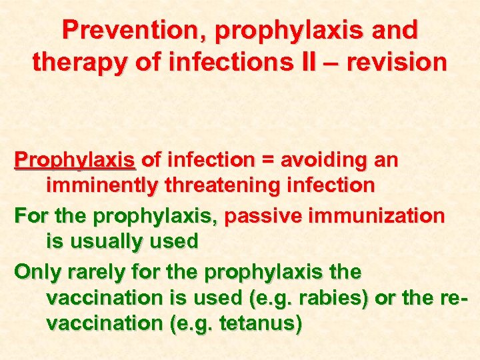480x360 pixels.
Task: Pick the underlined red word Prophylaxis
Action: [75, 161]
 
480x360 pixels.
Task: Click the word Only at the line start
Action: [39, 273]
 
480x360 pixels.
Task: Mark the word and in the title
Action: [395, 30]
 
